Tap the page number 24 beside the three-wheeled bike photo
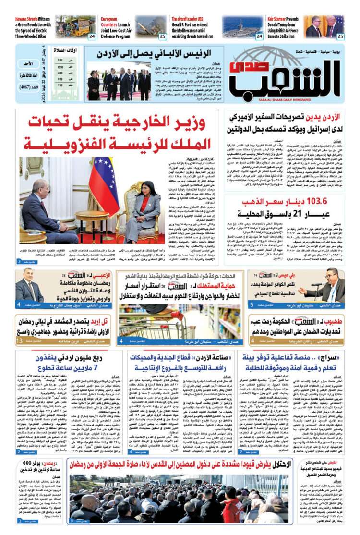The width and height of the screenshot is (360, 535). (x=91, y=36)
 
